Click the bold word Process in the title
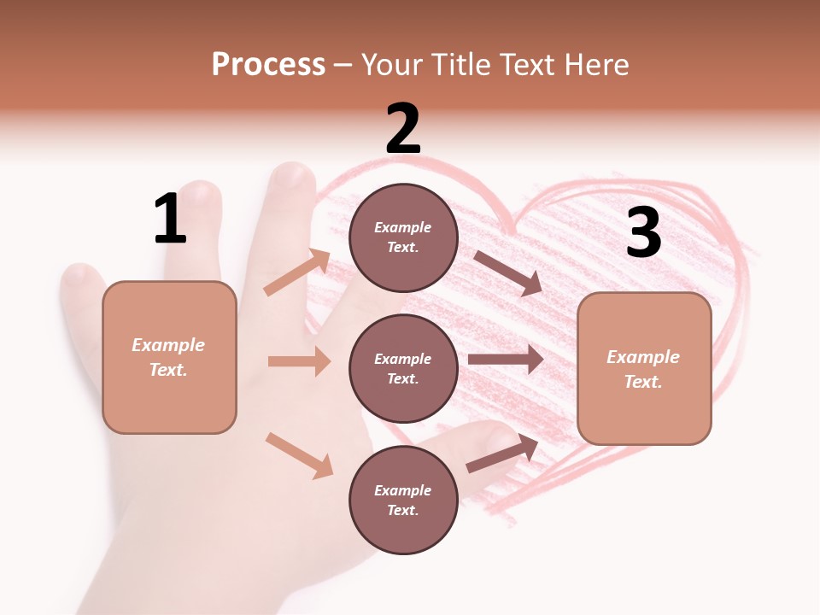268,64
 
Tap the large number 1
170,219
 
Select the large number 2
403,129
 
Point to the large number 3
643,232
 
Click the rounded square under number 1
169,357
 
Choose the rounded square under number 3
644,368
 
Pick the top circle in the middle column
403,237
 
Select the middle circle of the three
403,368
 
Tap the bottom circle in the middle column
403,500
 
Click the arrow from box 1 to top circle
297,272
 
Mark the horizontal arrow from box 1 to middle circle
299,361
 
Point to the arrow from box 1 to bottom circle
299,455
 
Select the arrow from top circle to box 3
507,272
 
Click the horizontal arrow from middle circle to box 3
506,359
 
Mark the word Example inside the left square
168,345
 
